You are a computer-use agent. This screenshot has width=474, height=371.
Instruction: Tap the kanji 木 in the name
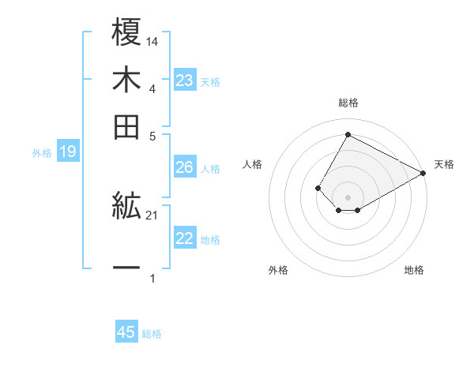[127, 81]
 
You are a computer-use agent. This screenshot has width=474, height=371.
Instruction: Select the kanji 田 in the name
[127, 126]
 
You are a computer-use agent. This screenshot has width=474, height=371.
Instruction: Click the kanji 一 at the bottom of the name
[127, 269]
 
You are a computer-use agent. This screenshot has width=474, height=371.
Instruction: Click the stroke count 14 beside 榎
[152, 41]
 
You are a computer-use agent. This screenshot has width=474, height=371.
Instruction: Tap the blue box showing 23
[185, 81]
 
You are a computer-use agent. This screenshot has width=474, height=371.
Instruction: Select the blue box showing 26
[185, 167]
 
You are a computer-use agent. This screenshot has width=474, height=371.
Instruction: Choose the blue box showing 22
[185, 238]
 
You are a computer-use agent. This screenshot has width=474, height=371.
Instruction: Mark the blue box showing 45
[126, 332]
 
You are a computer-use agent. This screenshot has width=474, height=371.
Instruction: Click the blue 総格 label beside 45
[152, 334]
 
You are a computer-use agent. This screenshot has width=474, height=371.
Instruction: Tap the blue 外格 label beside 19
[42, 153]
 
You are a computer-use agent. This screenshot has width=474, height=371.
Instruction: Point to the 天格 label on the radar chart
[444, 164]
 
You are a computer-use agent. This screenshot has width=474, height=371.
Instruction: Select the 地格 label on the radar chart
[414, 270]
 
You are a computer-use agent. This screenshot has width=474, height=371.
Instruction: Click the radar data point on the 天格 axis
[423, 173]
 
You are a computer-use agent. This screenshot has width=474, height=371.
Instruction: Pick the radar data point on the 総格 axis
[348, 134]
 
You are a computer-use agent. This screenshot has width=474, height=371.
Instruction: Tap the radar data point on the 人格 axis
[318, 188]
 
